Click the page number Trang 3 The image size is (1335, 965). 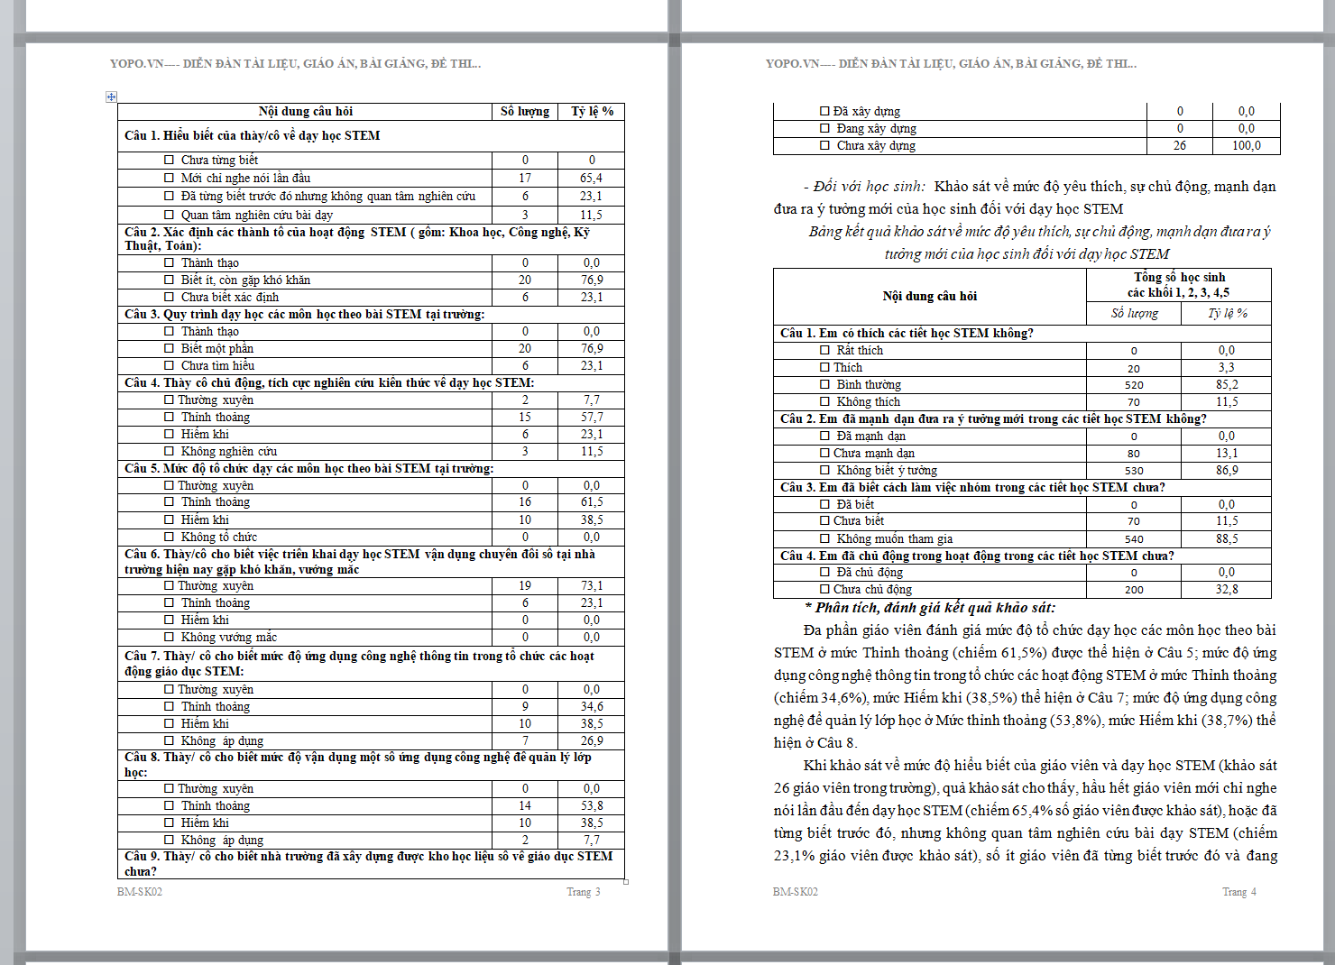(x=583, y=892)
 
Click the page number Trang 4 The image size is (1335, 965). (x=1238, y=892)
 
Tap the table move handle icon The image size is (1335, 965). (x=111, y=96)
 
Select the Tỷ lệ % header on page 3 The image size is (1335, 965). (x=592, y=112)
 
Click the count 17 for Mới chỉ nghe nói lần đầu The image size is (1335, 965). (x=525, y=179)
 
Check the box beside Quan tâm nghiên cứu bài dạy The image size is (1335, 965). (x=169, y=215)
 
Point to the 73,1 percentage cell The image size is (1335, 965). (x=592, y=586)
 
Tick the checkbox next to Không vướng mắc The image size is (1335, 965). (x=169, y=637)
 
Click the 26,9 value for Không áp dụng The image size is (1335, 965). (x=592, y=740)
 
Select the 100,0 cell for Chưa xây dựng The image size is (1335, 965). (x=1246, y=145)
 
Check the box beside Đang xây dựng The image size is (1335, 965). (x=824, y=128)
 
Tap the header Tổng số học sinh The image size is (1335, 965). (x=1179, y=277)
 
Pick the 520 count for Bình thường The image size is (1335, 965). (x=1134, y=385)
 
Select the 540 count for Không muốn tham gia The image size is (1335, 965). (x=1134, y=539)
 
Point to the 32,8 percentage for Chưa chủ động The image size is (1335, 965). (x=1227, y=590)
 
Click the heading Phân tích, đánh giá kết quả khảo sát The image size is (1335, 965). (x=934, y=608)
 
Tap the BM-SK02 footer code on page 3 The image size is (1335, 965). (x=140, y=892)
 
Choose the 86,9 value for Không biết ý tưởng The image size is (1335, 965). (x=1227, y=471)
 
